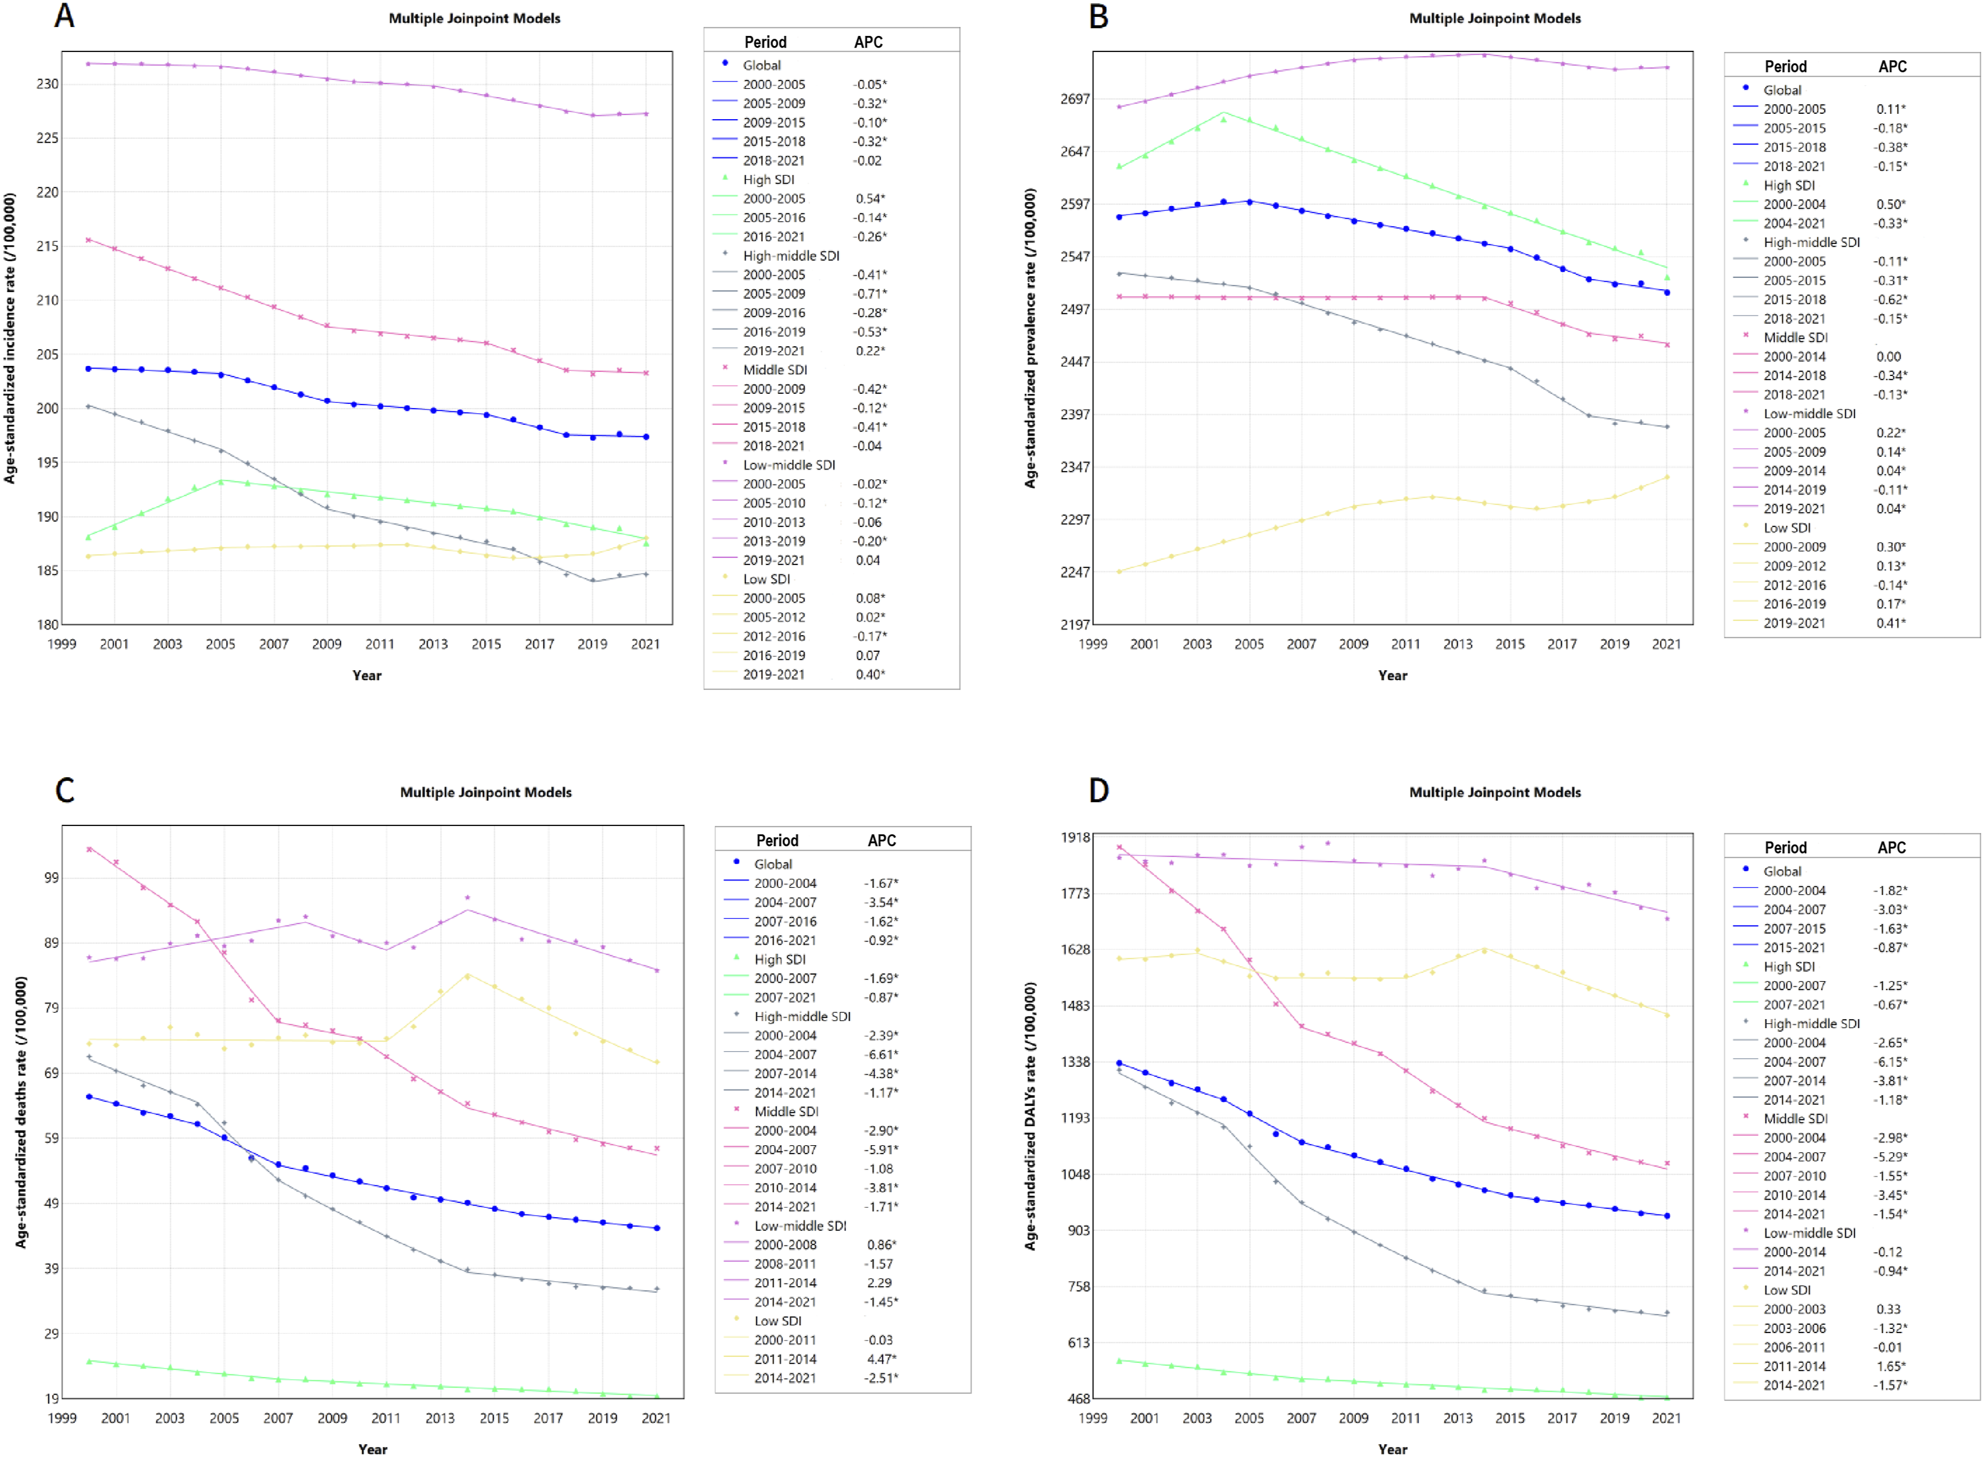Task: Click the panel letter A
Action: tap(65, 16)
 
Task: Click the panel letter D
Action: tap(1098, 790)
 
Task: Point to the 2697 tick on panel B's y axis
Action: tap(1074, 99)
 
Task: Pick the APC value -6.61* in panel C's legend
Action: tap(881, 1054)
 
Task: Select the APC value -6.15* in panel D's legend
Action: tap(1890, 1062)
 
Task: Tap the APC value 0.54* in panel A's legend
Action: tap(870, 199)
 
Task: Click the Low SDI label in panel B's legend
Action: tap(1787, 527)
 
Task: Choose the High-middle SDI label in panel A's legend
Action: tap(791, 256)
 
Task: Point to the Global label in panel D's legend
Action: tap(1782, 871)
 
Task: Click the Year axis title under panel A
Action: tap(367, 676)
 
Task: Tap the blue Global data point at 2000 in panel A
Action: tap(88, 368)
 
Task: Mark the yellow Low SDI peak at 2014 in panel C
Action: tap(468, 975)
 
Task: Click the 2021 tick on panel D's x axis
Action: tap(1666, 1418)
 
